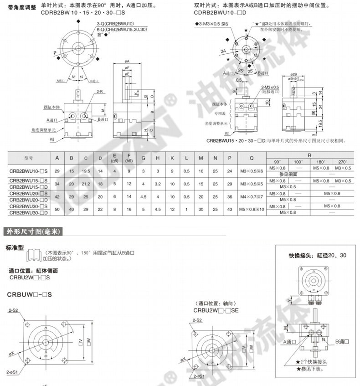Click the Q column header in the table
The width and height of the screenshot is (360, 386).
pos(252,158)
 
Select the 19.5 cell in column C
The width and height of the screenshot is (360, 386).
pos(86,171)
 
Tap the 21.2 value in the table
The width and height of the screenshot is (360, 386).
pos(86,184)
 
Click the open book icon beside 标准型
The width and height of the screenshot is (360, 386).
pos(36,255)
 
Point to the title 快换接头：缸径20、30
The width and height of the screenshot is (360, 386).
pos(317,255)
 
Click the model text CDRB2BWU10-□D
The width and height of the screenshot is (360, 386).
pos(214,13)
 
